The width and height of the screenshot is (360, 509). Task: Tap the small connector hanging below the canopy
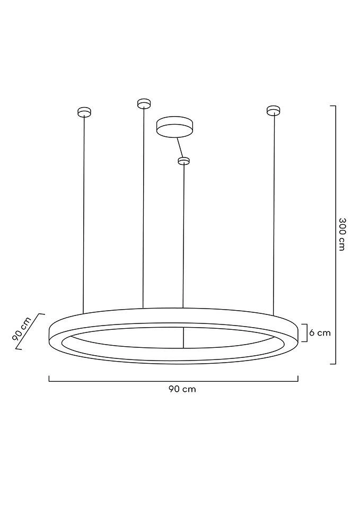pyautogui.click(x=183, y=161)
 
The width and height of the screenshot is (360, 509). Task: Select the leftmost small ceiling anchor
pyautogui.click(x=84, y=112)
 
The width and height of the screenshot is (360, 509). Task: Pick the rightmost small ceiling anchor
pyautogui.click(x=273, y=110)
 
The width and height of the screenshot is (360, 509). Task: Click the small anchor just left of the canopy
pyautogui.click(x=143, y=103)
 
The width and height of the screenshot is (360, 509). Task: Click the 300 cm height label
pyautogui.click(x=342, y=234)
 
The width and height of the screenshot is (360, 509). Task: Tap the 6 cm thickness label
pyautogui.click(x=320, y=333)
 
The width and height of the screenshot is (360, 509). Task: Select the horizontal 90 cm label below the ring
pyautogui.click(x=182, y=389)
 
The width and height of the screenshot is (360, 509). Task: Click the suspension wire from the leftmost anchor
pyautogui.click(x=84, y=212)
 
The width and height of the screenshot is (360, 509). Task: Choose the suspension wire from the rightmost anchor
pyautogui.click(x=274, y=212)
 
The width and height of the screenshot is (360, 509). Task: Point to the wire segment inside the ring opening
pyautogui.click(x=183, y=337)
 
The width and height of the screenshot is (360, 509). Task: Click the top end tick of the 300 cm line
pyautogui.click(x=333, y=106)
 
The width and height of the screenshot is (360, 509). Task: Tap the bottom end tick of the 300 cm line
pyautogui.click(x=333, y=364)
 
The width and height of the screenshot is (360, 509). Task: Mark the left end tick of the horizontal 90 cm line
pyautogui.click(x=49, y=379)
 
